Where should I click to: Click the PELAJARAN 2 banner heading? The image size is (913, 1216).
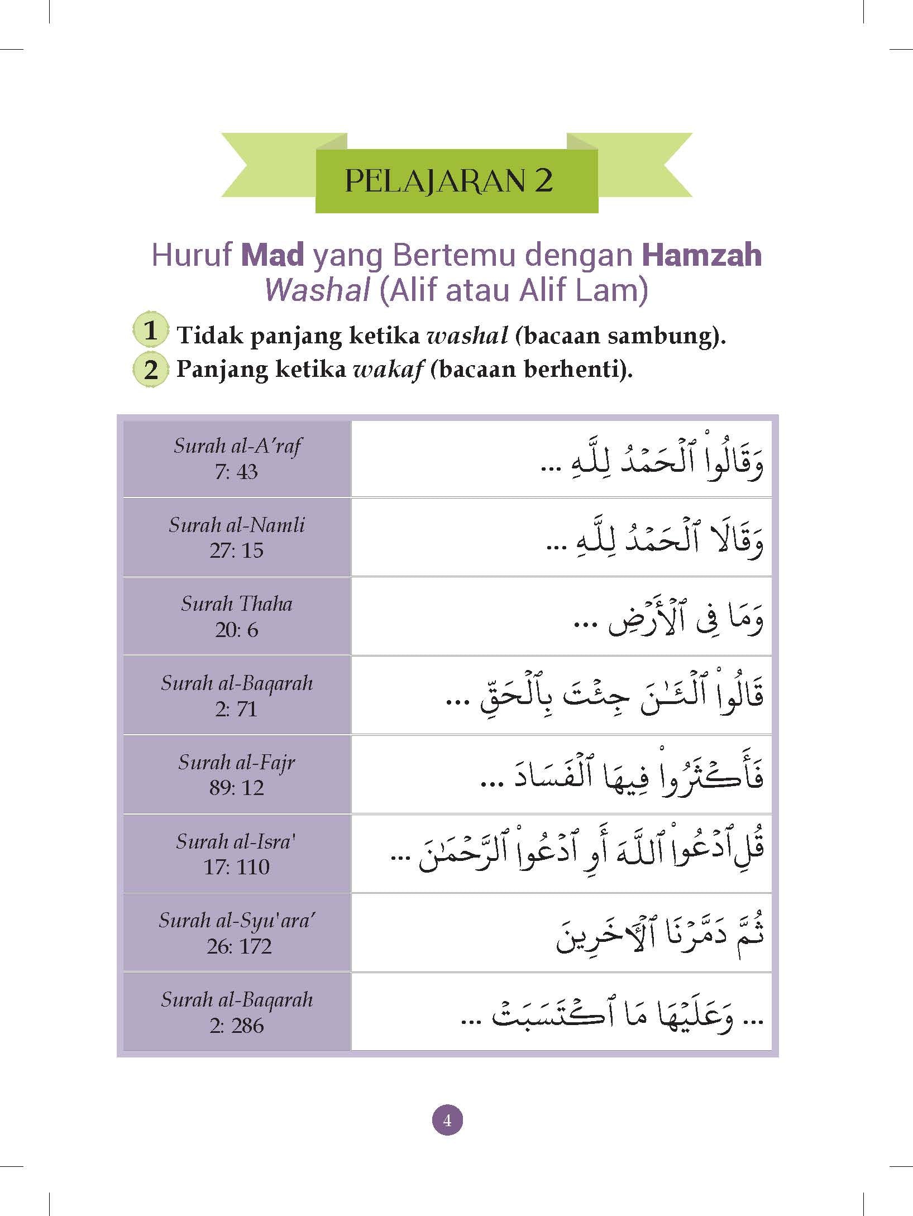(x=448, y=181)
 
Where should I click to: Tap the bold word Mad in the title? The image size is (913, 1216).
(x=273, y=255)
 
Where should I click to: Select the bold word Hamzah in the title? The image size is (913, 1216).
(x=702, y=255)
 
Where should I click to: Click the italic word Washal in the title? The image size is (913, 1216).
(x=317, y=290)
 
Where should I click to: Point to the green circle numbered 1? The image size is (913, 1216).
(x=150, y=331)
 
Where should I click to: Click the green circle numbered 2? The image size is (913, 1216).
(x=151, y=369)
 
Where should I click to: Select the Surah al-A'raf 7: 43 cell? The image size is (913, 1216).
(x=237, y=458)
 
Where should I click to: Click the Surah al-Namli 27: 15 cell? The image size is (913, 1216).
(x=237, y=537)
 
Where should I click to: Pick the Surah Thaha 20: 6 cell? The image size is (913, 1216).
(x=237, y=616)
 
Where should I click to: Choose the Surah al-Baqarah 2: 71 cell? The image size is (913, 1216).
(x=237, y=695)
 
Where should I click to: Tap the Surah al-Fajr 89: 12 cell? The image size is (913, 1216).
(x=237, y=774)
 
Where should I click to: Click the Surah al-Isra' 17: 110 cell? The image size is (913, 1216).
(x=237, y=854)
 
